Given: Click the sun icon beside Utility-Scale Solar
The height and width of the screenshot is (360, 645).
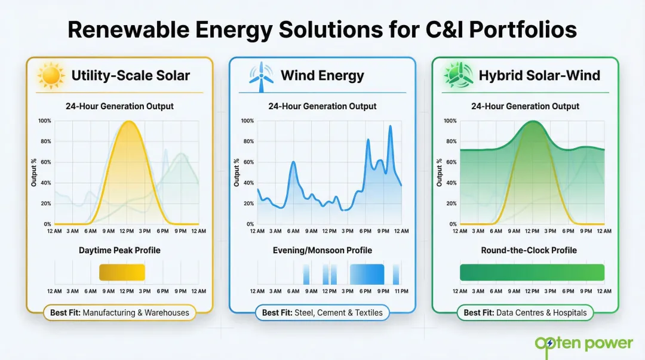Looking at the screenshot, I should point(51,76).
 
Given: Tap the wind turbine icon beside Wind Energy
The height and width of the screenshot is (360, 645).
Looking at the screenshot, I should point(260,77).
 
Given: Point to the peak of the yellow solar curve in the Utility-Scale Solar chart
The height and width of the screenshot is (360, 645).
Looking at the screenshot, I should point(127,121).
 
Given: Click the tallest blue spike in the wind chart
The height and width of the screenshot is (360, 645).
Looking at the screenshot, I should point(391,126).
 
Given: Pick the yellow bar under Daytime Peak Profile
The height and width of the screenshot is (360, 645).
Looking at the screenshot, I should point(122,273).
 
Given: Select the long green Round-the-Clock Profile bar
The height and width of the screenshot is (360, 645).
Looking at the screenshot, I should point(532,273).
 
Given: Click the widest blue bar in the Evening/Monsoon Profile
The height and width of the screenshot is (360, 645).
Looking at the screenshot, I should point(367,273).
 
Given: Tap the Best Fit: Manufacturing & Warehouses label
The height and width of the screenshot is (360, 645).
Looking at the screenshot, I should point(119,312).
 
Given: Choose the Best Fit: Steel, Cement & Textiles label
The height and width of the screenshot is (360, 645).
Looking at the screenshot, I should point(322,312).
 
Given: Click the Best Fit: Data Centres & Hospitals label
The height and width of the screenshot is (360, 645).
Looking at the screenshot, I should point(525,312).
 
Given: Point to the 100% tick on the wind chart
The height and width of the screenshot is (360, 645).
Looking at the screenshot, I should point(247,121).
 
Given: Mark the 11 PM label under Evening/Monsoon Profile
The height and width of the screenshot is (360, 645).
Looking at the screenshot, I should point(401,291).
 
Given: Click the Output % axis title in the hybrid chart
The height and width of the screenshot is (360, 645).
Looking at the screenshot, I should point(440,173).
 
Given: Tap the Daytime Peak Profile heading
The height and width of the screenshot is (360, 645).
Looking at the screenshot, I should point(119,250).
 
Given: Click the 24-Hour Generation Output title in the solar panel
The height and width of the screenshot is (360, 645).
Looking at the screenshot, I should point(119,106).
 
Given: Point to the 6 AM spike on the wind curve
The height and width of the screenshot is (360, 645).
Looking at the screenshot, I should point(293,162).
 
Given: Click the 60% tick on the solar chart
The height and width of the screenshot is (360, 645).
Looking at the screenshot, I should point(45,162).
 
